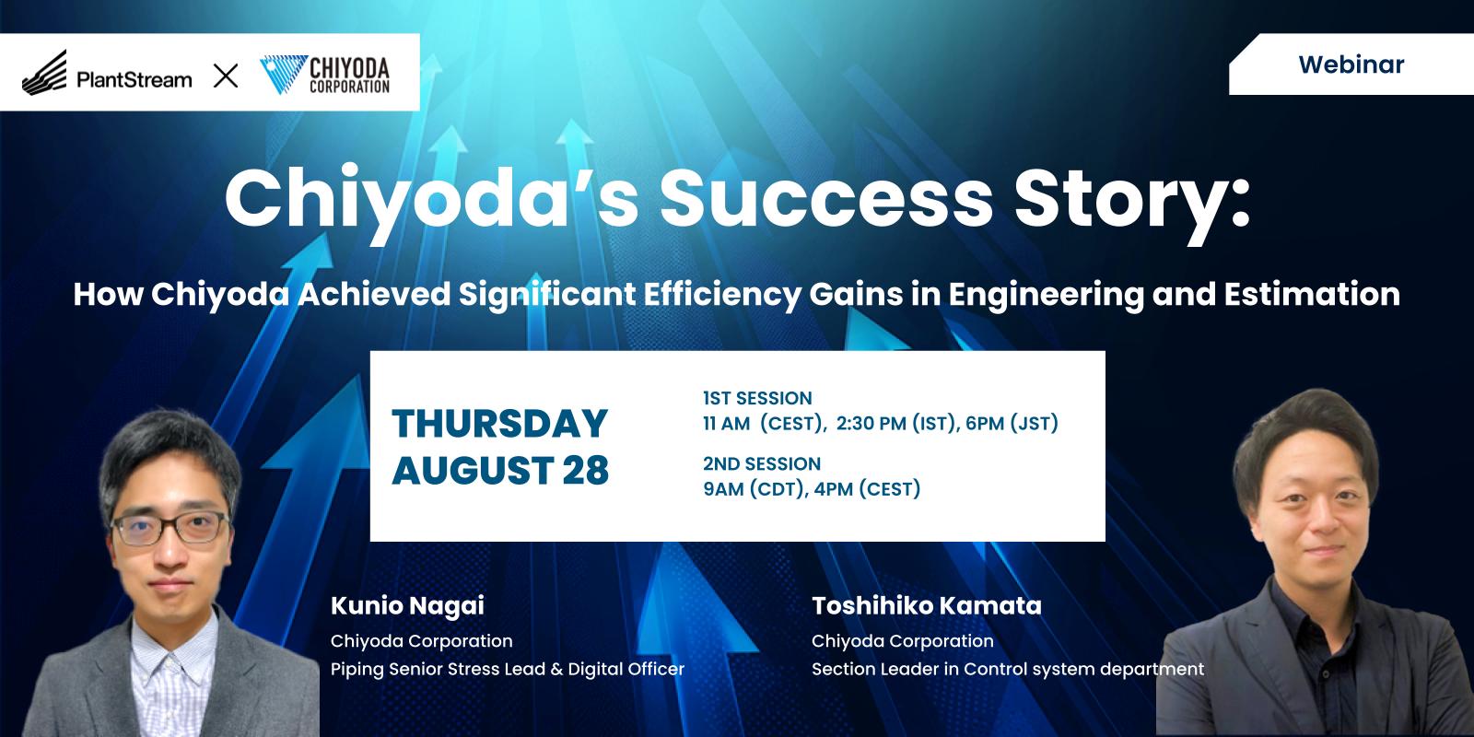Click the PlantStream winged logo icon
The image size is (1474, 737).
44,73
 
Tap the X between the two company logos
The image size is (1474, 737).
226,76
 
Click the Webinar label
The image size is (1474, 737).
1351,64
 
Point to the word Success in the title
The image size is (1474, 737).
825,198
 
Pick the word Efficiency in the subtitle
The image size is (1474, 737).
722,295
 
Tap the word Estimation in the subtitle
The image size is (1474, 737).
1312,294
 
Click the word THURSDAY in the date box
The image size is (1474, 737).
499,423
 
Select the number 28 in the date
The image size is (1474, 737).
586,471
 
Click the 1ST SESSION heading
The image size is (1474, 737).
757,398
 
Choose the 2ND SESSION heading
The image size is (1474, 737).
762,464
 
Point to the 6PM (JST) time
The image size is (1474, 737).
1012,423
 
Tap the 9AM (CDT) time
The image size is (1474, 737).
755,489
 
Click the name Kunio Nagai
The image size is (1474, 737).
407,606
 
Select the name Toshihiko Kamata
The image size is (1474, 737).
927,605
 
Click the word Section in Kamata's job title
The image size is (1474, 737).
843,669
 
